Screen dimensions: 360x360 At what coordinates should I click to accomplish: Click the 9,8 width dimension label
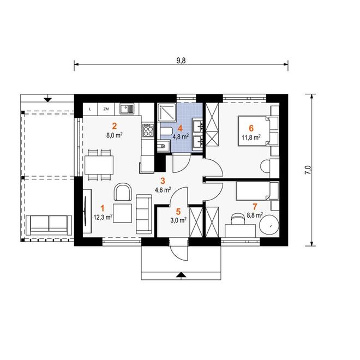181,61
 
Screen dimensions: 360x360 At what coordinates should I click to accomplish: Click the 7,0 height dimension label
308,170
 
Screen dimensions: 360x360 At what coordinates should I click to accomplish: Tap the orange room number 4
180,128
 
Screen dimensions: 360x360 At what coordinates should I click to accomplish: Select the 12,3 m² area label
103,217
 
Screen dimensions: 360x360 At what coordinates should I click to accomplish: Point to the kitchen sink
127,109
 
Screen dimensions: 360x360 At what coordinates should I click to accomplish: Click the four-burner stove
148,130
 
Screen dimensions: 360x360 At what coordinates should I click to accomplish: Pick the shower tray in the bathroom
167,112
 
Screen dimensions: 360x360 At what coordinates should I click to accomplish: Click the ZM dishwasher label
106,109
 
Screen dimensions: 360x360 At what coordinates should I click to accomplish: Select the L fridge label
90,109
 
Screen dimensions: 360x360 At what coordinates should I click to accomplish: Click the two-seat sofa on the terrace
49,225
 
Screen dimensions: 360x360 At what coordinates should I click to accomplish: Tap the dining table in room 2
99,165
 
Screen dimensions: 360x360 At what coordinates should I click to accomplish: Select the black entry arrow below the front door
182,274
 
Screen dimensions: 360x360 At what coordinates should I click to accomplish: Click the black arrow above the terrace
48,100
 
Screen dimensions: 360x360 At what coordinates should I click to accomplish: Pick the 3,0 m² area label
178,220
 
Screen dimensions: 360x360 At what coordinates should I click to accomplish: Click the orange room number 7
255,207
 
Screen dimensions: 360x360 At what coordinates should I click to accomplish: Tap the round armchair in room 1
123,192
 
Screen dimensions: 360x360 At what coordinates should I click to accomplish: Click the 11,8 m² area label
251,137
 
